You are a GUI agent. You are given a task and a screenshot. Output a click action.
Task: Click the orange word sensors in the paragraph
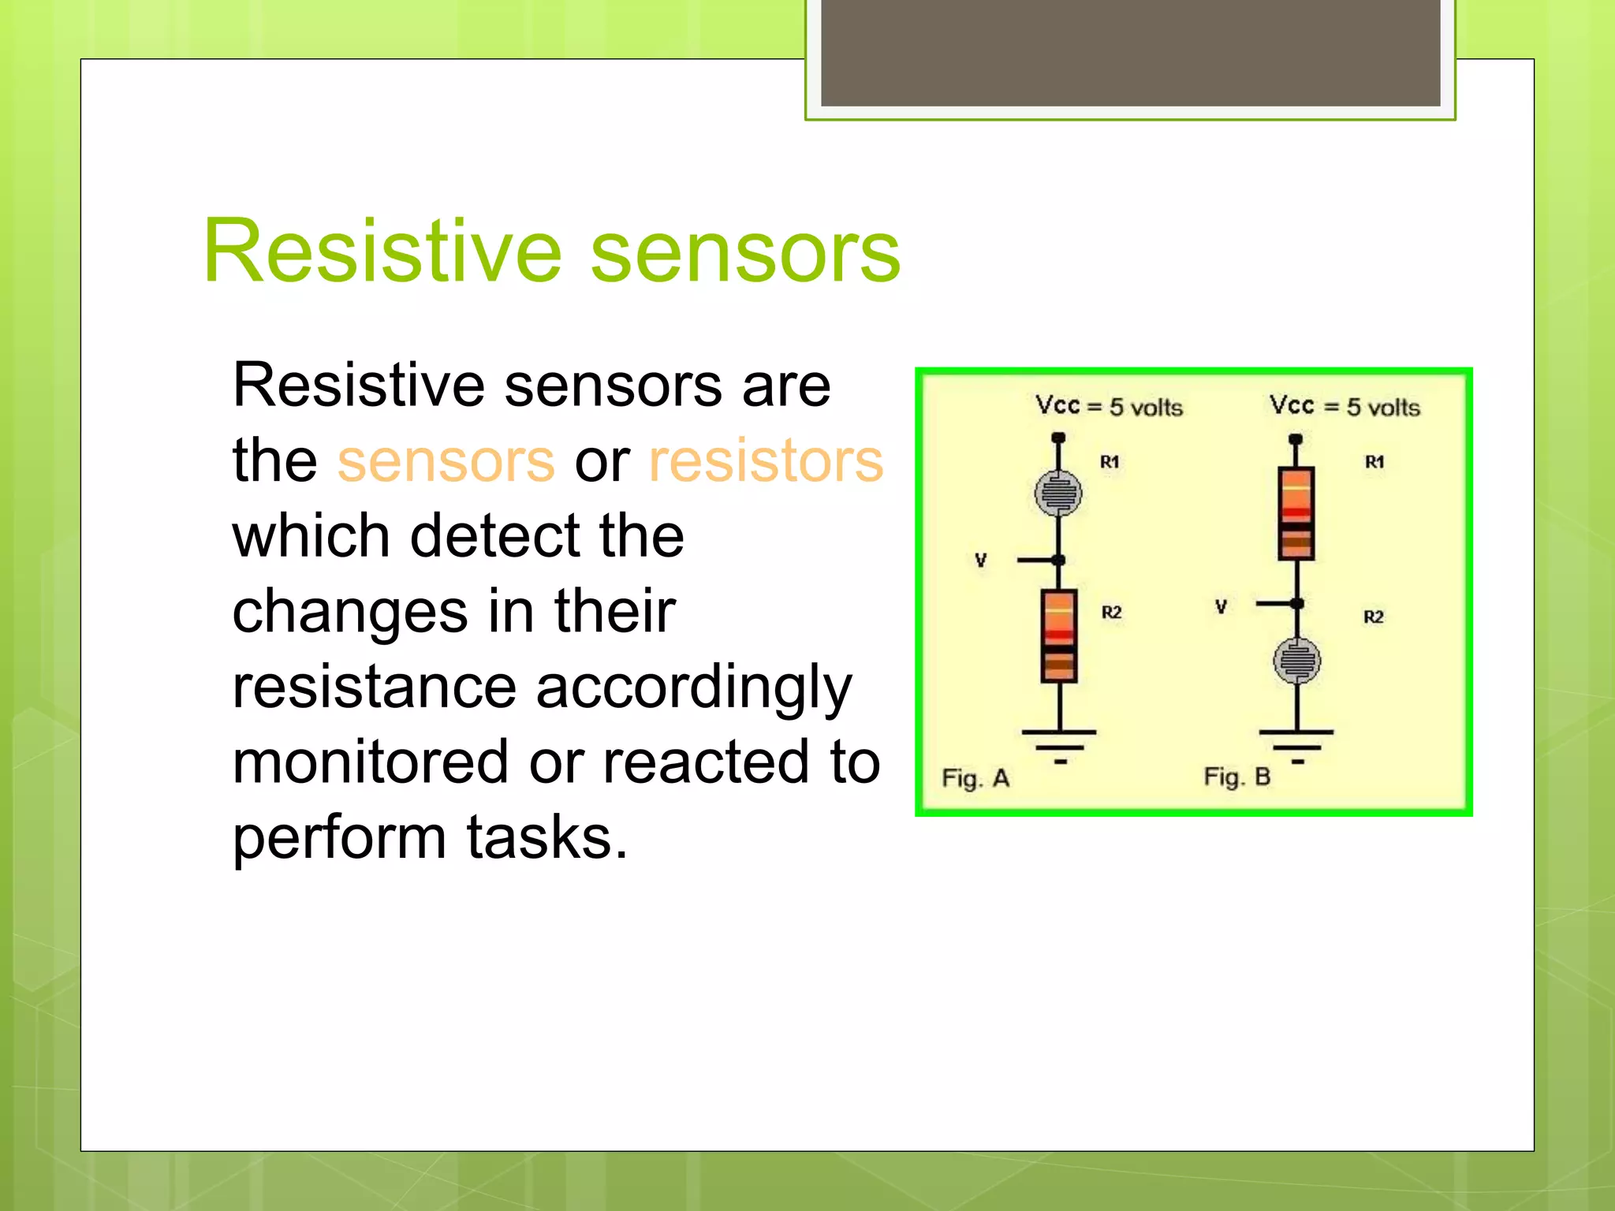coord(446,461)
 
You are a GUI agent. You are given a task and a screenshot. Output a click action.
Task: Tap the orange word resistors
coord(765,461)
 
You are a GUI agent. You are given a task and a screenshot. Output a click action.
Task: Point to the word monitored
coord(371,762)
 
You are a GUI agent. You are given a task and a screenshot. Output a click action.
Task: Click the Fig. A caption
coord(975,778)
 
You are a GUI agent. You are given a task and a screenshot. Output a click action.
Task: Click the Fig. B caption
coord(1236,777)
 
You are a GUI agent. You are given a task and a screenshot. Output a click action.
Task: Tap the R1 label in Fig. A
coord(1110,462)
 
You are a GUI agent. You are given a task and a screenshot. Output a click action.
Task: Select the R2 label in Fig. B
coord(1374,617)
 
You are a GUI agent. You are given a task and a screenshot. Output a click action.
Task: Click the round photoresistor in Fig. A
coord(1058,494)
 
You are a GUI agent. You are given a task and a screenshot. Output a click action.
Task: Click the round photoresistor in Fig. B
coord(1297,661)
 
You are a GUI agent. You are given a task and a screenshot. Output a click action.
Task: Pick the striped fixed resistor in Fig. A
coord(1059,635)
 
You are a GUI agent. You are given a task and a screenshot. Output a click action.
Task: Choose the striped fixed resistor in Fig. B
coord(1296,512)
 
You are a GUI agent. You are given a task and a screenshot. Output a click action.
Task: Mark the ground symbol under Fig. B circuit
coord(1297,743)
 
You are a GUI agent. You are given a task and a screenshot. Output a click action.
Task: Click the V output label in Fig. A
coord(980,561)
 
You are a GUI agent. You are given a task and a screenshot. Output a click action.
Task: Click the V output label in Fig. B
coord(1221,606)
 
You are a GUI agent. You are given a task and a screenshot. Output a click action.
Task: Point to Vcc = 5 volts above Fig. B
coord(1345,407)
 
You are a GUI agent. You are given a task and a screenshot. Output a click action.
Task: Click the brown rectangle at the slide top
coord(1130,52)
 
